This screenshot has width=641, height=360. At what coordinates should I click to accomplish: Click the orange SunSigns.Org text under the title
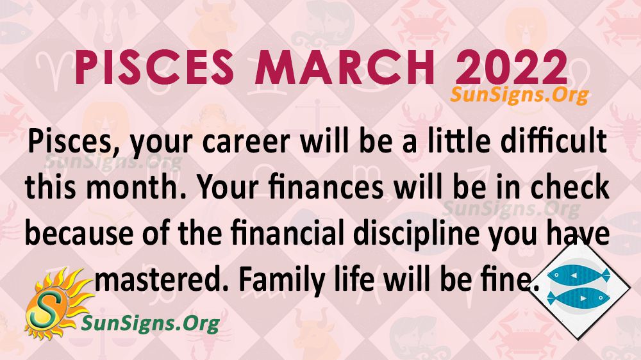tap(519, 95)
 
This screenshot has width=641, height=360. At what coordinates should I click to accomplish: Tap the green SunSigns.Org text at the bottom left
tap(150, 323)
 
